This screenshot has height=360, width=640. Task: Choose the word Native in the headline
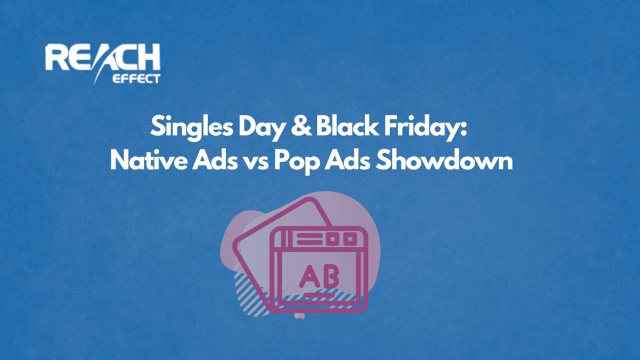click(147, 161)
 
